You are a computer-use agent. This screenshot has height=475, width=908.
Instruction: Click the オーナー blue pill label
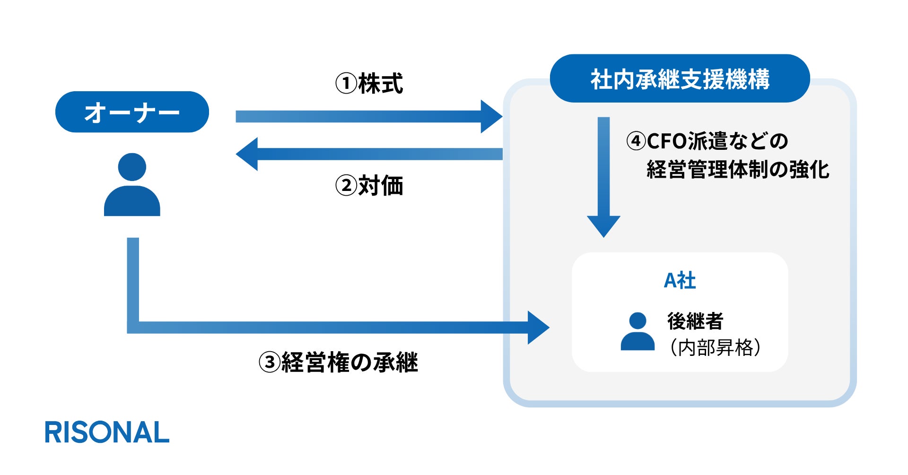click(132, 112)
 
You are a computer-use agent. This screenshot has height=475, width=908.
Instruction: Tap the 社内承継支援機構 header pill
click(680, 78)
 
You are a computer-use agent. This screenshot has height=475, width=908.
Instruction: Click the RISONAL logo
click(107, 432)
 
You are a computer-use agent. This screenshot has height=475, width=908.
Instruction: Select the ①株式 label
click(369, 84)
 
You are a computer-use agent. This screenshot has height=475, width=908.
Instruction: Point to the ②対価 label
click(369, 185)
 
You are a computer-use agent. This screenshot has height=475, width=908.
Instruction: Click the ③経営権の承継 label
click(338, 363)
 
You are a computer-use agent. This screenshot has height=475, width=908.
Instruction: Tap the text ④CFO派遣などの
click(707, 141)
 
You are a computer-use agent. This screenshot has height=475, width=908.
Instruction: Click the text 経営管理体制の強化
click(738, 169)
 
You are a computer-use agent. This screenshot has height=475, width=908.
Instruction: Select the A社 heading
click(680, 281)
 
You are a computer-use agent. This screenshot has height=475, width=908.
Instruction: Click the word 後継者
click(695, 321)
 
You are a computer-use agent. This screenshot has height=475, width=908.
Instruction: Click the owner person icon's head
click(132, 167)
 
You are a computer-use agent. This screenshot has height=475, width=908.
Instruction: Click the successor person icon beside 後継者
click(637, 332)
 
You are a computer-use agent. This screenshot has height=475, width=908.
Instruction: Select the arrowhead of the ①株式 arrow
click(491, 116)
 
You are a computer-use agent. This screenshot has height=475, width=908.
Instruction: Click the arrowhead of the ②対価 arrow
click(247, 154)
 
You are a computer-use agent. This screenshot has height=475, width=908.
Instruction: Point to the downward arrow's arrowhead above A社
click(603, 225)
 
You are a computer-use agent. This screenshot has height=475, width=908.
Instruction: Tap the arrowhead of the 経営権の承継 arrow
click(538, 328)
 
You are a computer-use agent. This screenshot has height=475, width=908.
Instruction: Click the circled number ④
click(636, 141)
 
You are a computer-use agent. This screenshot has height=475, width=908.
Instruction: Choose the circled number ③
click(270, 363)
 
